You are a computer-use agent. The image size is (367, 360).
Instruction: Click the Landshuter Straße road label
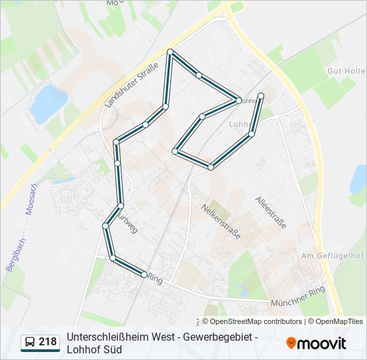point(131,85)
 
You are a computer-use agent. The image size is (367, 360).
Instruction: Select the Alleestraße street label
point(270,213)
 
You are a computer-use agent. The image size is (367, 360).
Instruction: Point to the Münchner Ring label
point(297,297)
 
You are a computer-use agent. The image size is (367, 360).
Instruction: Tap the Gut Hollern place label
point(346,71)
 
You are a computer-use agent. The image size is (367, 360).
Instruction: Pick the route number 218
point(47,342)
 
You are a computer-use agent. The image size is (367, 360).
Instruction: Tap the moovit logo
point(316,343)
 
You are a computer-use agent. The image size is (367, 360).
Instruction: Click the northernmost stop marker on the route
point(170,52)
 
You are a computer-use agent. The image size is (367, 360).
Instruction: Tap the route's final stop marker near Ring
point(144,275)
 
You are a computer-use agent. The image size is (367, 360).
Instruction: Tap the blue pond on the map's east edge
point(359,178)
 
